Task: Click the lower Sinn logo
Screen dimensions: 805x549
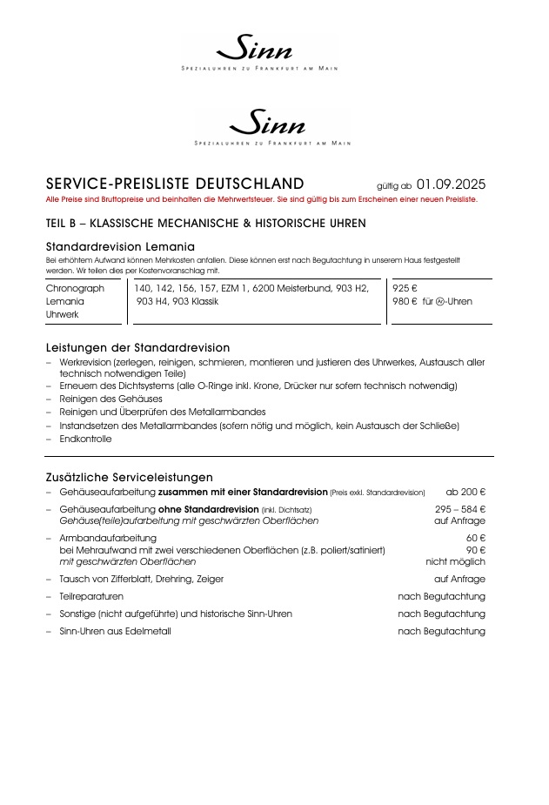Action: click(272, 123)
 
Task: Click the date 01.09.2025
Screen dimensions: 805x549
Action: click(451, 184)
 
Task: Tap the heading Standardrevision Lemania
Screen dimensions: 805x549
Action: click(120, 246)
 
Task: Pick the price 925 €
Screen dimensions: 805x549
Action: click(405, 288)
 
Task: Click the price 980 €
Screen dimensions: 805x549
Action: click(405, 302)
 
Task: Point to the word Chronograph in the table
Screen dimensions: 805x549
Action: click(75, 288)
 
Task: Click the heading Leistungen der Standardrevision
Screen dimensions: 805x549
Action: click(137, 347)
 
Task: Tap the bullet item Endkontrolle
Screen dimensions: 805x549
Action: click(85, 439)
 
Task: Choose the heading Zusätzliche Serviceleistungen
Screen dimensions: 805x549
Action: click(129, 477)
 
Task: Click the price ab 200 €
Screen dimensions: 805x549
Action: click(465, 493)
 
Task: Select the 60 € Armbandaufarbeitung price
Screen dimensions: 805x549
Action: click(475, 538)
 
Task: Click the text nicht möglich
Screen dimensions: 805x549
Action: click(455, 562)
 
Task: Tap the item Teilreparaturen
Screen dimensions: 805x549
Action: click(91, 596)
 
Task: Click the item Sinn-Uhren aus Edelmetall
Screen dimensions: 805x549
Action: click(115, 631)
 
